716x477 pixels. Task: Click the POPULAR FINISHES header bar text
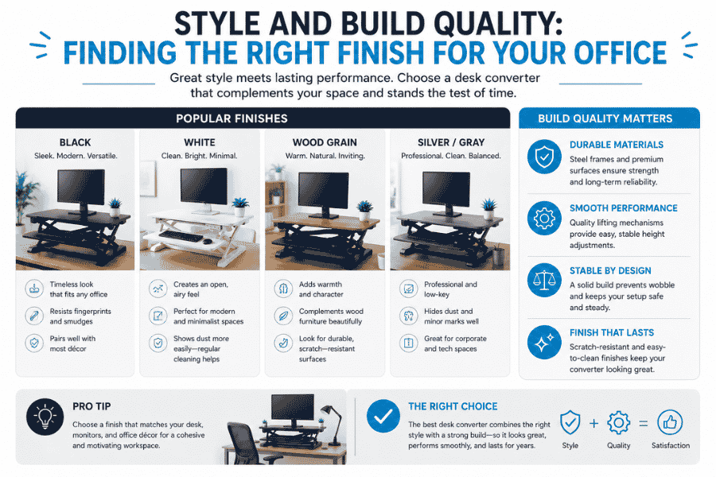[x=263, y=118]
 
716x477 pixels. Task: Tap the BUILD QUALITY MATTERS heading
[x=609, y=118]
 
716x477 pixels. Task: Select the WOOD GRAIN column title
[x=325, y=142]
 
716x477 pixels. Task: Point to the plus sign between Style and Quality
[x=593, y=422]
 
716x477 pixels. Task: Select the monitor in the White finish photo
[x=203, y=187]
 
